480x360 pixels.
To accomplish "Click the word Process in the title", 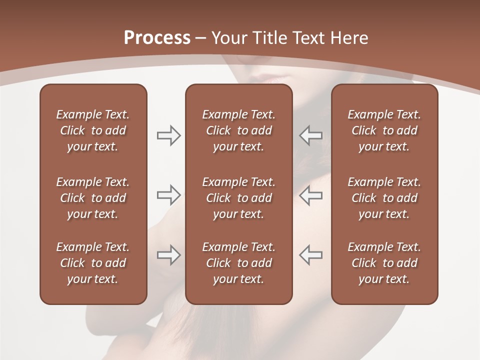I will click(x=157, y=38).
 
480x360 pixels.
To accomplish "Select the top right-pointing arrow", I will click(x=168, y=135).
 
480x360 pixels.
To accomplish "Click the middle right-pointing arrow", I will click(x=168, y=195).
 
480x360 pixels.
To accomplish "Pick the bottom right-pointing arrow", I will click(x=168, y=255).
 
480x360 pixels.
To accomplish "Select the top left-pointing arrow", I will click(x=310, y=135).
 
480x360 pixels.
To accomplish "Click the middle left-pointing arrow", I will click(x=310, y=195).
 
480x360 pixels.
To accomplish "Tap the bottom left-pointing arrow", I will click(x=310, y=255).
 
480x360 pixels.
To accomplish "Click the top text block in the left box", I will click(x=93, y=130).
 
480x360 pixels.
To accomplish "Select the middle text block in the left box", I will click(x=93, y=198).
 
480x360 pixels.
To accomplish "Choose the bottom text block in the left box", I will click(x=93, y=263).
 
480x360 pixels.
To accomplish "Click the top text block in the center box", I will click(x=238, y=130).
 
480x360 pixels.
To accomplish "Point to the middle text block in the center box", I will click(x=238, y=198).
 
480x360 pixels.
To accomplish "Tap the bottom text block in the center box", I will click(x=238, y=263).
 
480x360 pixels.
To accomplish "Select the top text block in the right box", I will click(x=384, y=130).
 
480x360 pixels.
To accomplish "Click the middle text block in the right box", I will click(x=384, y=198).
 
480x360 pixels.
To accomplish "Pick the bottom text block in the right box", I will click(x=384, y=263).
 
